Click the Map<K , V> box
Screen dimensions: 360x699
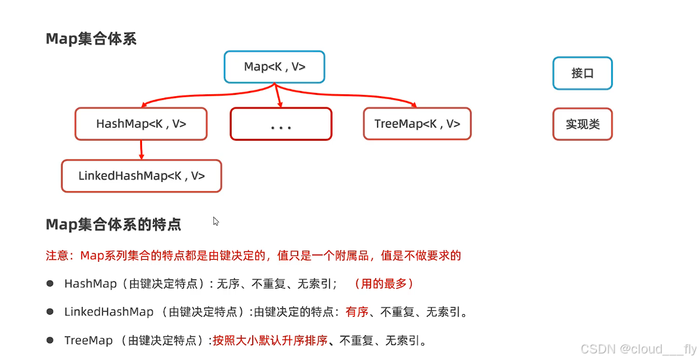(274, 67)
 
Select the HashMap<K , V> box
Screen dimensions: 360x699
(141, 124)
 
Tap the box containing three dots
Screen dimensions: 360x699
(281, 124)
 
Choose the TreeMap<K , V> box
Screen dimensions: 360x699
(417, 124)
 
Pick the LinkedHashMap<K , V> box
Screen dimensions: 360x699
(141, 176)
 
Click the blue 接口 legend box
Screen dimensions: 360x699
(582, 73)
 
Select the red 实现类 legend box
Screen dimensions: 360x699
(582, 124)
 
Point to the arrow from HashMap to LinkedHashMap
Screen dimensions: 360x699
(141, 150)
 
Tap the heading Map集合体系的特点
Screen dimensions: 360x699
(113, 225)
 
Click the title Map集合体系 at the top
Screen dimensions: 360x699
(91, 39)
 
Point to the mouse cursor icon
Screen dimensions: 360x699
(215, 221)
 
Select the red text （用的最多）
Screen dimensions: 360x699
(383, 284)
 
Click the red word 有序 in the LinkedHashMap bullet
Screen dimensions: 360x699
(357, 312)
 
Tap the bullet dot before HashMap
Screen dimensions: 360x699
(50, 283)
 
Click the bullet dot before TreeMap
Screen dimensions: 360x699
(50, 340)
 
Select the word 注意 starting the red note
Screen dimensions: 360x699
(57, 255)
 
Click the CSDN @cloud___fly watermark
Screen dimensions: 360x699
(638, 350)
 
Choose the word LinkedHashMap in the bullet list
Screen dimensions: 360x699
(109, 312)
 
